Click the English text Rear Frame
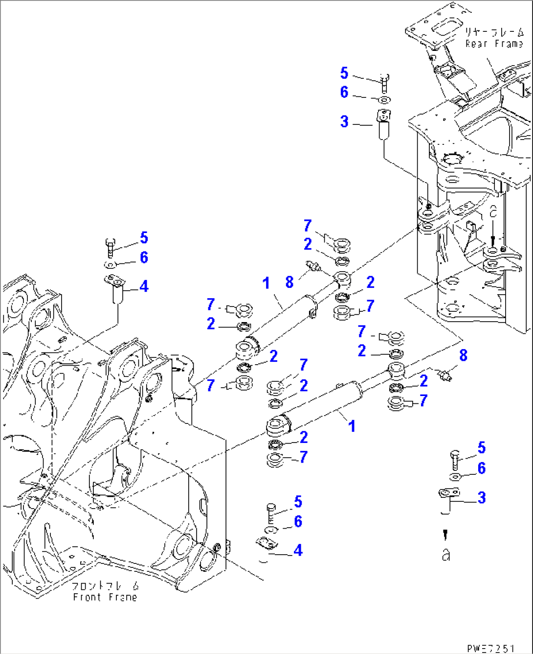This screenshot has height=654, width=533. pos(494,44)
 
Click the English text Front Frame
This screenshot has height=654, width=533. pos(105,597)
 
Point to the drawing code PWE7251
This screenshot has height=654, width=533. pos(490,648)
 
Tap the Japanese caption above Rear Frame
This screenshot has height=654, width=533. pos(494,32)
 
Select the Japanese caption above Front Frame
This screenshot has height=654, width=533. pos(105,586)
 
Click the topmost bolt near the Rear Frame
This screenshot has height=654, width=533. pos(384,82)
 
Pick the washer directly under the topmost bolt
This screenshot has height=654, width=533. pos(384,100)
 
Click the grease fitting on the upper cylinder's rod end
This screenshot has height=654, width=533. pos(312,266)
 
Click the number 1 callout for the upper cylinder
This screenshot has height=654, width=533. pos(266,283)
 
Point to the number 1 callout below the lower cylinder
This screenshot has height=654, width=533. pos(352,426)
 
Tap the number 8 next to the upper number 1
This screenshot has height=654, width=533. pos(289,282)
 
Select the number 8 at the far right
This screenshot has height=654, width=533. pos(463,355)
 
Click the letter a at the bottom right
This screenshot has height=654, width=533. pos(445,555)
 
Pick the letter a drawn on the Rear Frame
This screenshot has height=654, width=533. pos(493,211)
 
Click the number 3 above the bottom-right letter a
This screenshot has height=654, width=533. pos(482,498)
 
